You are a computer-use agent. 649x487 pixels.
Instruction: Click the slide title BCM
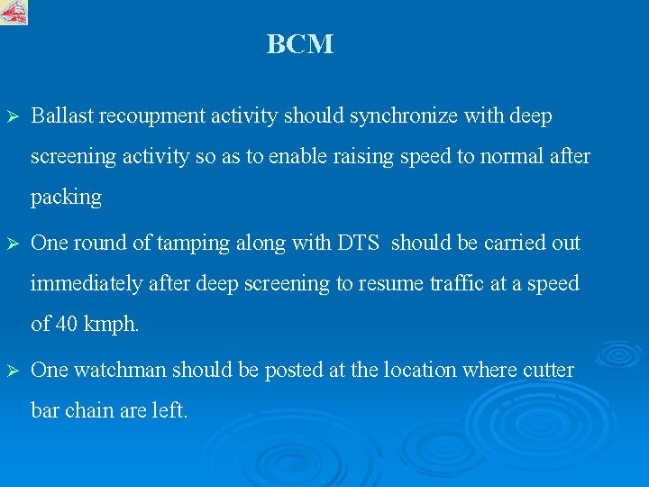[299, 44]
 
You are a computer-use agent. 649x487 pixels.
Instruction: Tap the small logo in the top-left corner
[14, 12]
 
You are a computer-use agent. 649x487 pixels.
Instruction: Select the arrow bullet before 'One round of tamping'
[13, 243]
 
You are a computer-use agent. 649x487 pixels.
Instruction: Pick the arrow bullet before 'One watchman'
[13, 370]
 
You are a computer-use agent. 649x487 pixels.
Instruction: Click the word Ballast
[62, 116]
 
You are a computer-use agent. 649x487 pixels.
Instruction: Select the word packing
[66, 198]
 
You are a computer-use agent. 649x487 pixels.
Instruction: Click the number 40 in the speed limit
[67, 324]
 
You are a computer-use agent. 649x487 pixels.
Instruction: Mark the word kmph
[113, 325]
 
